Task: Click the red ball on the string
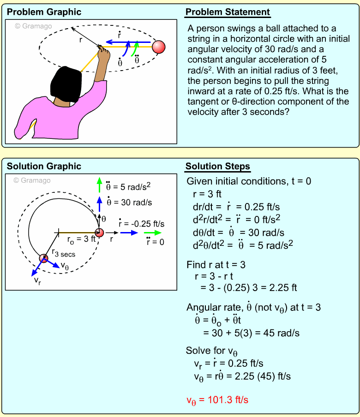coord(158,47)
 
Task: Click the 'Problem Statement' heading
coord(228,12)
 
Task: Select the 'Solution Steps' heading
coord(218,167)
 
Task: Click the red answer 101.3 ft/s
coord(217,400)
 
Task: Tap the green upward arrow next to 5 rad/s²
coord(99,185)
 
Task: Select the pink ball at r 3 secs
coord(43,258)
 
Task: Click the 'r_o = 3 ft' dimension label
coord(81,239)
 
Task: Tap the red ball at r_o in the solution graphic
coord(99,233)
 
